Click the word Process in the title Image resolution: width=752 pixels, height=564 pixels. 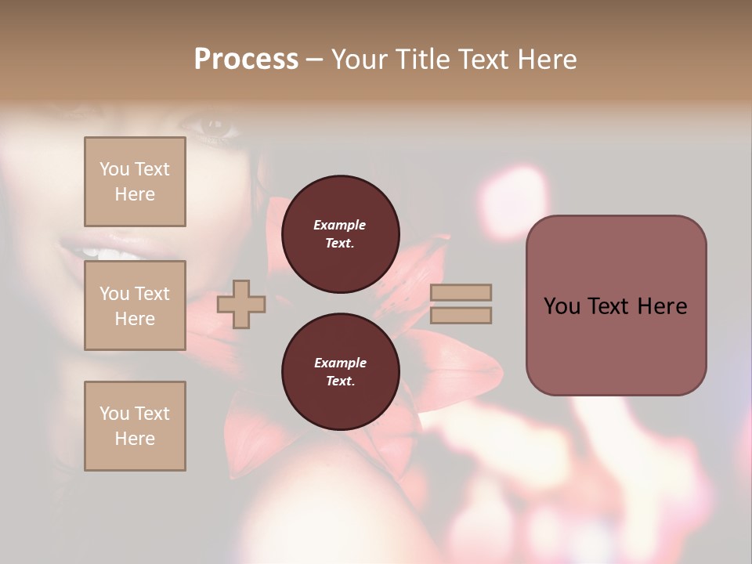(x=246, y=60)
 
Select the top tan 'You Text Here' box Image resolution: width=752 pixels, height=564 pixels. (x=135, y=182)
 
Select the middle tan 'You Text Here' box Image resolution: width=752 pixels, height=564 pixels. (x=135, y=305)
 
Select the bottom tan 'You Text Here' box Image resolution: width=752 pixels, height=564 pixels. (x=135, y=426)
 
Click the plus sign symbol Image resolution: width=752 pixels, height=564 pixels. (x=241, y=304)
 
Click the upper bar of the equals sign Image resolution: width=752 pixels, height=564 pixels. (x=461, y=292)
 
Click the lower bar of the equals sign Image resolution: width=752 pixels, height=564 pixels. (x=461, y=316)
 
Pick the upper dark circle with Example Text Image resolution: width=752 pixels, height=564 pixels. (x=340, y=234)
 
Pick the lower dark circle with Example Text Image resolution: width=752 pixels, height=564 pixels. (x=340, y=372)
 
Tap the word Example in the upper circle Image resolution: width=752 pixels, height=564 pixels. (x=340, y=225)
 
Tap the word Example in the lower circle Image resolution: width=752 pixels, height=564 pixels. (x=340, y=363)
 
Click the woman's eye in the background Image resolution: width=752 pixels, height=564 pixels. (x=211, y=125)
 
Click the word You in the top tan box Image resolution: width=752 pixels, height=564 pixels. (x=114, y=169)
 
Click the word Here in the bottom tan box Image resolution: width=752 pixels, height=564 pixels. (x=135, y=439)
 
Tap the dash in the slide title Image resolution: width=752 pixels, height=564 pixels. (x=314, y=60)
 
